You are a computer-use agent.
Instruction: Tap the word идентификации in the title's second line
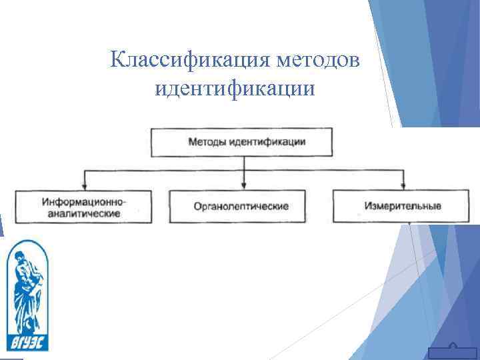(234, 87)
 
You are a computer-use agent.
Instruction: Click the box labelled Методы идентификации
(247, 142)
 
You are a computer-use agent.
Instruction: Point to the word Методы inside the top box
(207, 142)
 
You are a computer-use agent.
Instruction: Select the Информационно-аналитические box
(84, 207)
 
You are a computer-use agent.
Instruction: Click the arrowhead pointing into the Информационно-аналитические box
(84, 186)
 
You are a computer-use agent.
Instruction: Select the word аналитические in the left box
(84, 213)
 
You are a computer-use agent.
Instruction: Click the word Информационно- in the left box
(84, 201)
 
